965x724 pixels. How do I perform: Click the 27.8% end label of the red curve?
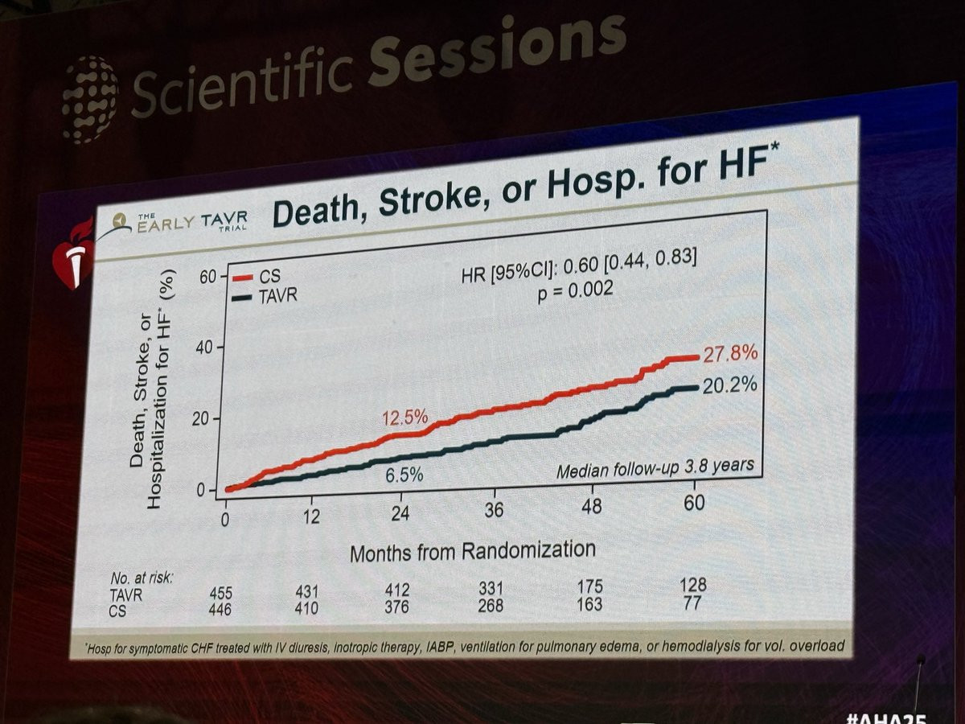point(730,355)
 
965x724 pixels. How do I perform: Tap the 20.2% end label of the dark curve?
point(729,385)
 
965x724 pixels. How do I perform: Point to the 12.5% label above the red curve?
point(404,418)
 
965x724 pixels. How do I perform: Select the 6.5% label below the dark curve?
point(404,475)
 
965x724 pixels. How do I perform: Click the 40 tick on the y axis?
point(205,348)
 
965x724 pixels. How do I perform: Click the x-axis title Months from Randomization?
point(473,551)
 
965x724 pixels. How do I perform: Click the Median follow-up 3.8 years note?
point(655,467)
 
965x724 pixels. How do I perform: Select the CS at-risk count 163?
point(589,603)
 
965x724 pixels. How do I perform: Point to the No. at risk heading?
point(142,578)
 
